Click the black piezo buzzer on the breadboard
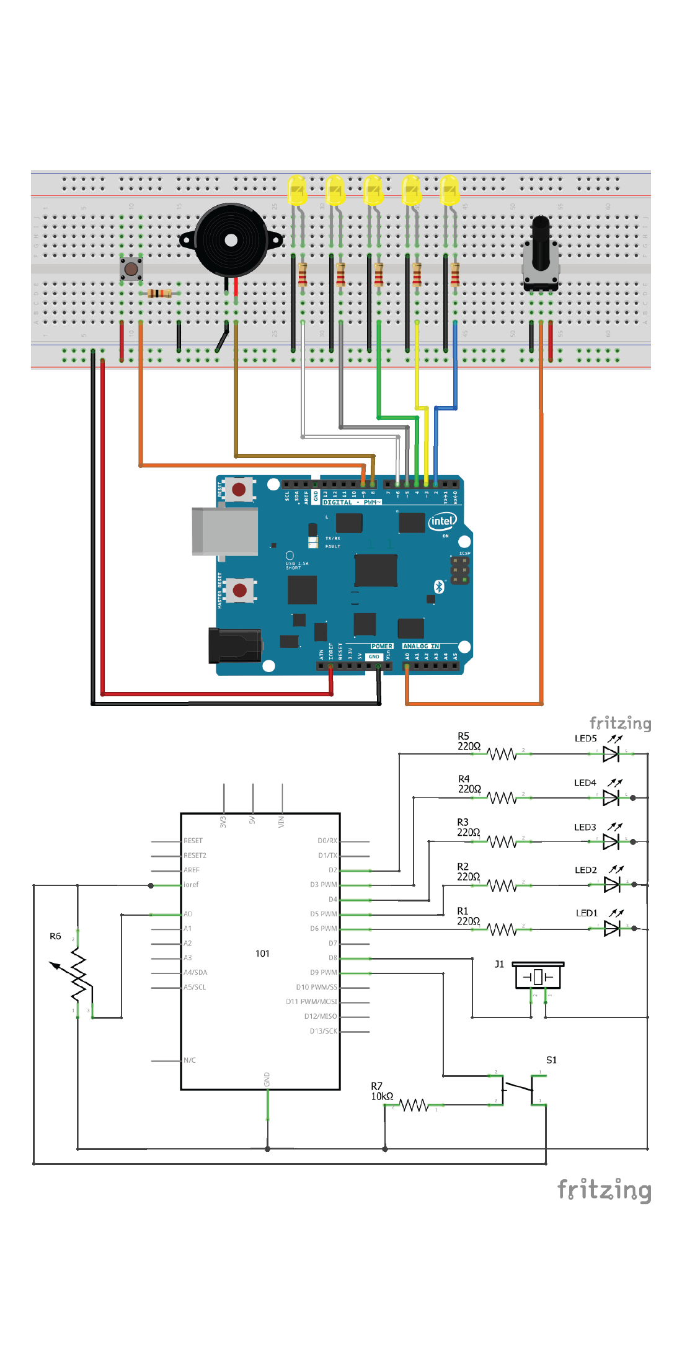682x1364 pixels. click(x=231, y=241)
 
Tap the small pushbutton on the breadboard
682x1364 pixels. click(x=131, y=268)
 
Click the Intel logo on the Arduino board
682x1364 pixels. click(x=442, y=521)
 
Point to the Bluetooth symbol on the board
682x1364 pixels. click(x=439, y=587)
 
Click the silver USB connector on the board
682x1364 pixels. click(x=224, y=531)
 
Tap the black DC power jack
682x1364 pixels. click(x=234, y=645)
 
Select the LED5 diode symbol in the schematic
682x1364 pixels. click(x=611, y=754)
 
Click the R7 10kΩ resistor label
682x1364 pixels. click(x=381, y=1091)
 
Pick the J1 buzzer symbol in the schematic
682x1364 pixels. click(x=538, y=977)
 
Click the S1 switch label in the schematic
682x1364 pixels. click(x=551, y=1060)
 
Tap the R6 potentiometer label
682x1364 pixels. click(x=55, y=936)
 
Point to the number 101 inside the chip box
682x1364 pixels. click(x=262, y=954)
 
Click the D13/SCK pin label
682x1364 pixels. click(x=323, y=1031)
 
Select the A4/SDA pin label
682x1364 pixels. click(x=195, y=972)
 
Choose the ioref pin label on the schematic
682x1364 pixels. click(x=191, y=885)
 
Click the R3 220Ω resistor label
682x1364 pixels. click(x=467, y=827)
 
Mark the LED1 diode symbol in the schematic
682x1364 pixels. click(x=611, y=928)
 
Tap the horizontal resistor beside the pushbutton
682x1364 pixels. click(x=159, y=293)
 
